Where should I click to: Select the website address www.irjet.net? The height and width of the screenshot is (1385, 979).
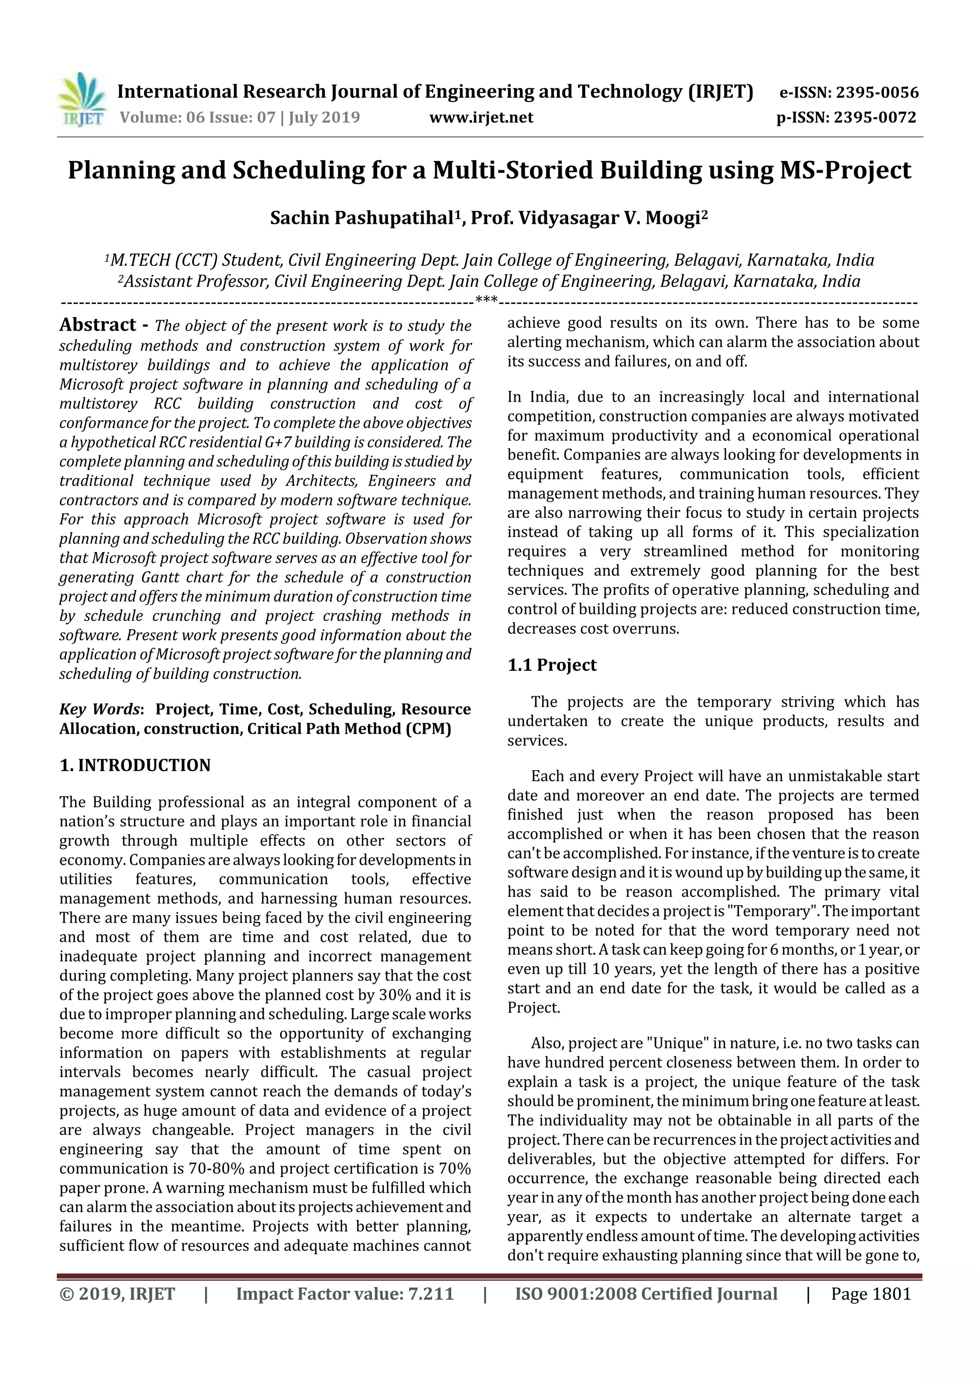click(x=481, y=118)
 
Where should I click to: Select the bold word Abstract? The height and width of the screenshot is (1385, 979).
click(x=98, y=325)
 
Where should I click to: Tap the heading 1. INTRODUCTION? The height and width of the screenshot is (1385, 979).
click(x=135, y=765)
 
